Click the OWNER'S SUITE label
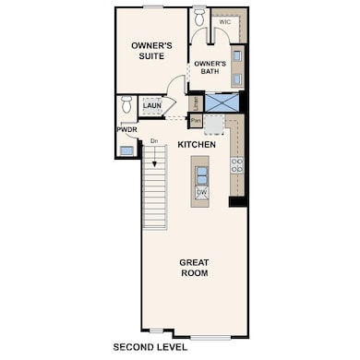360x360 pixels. pyautogui.click(x=146, y=50)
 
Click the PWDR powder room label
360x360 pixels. pyautogui.click(x=126, y=130)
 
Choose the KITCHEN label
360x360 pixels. pyautogui.click(x=197, y=145)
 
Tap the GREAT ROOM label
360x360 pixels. pyautogui.click(x=194, y=268)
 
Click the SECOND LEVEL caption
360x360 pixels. pyautogui.click(x=150, y=348)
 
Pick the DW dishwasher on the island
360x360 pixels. pyautogui.click(x=201, y=191)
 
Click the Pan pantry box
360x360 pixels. pyautogui.click(x=196, y=120)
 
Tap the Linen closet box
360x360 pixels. pyautogui.click(x=196, y=102)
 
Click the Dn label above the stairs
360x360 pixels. pyautogui.click(x=153, y=140)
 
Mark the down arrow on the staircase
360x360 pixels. pyautogui.click(x=153, y=166)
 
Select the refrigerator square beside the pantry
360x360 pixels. pyautogui.click(x=214, y=123)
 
